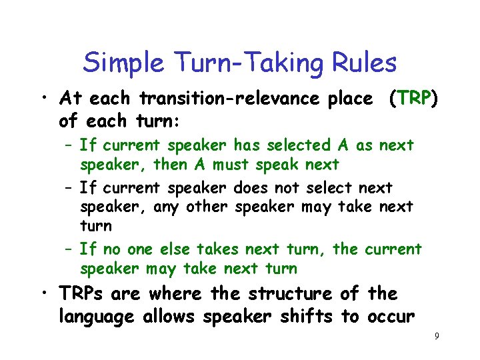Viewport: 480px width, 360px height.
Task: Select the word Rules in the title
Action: pos(365,63)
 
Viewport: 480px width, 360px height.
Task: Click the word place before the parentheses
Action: pos(350,99)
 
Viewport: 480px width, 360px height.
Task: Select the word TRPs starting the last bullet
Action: pos(83,293)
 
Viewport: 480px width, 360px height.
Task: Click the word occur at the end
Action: pos(389,316)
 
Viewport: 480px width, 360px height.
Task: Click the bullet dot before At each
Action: pos(43,99)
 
